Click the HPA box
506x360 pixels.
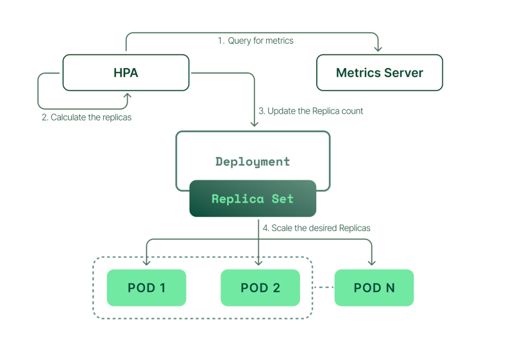126,73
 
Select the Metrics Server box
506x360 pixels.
380,73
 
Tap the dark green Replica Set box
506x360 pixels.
253,198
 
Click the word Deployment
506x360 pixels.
253,162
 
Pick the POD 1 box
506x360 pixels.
146,287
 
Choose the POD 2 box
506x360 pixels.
260,287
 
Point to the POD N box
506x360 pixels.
374,287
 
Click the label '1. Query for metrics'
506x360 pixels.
256,40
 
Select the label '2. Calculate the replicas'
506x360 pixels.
87,117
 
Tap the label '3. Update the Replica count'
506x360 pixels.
311,111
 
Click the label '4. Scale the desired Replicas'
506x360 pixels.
317,228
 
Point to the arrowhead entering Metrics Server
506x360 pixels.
378,49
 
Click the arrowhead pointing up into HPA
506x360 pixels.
128,96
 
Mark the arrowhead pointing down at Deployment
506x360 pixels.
255,124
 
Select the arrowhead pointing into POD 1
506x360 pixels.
146,263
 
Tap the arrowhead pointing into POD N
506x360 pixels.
372,263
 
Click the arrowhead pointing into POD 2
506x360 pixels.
258,263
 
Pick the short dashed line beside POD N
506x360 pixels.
324,287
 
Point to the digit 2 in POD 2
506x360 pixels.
276,287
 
